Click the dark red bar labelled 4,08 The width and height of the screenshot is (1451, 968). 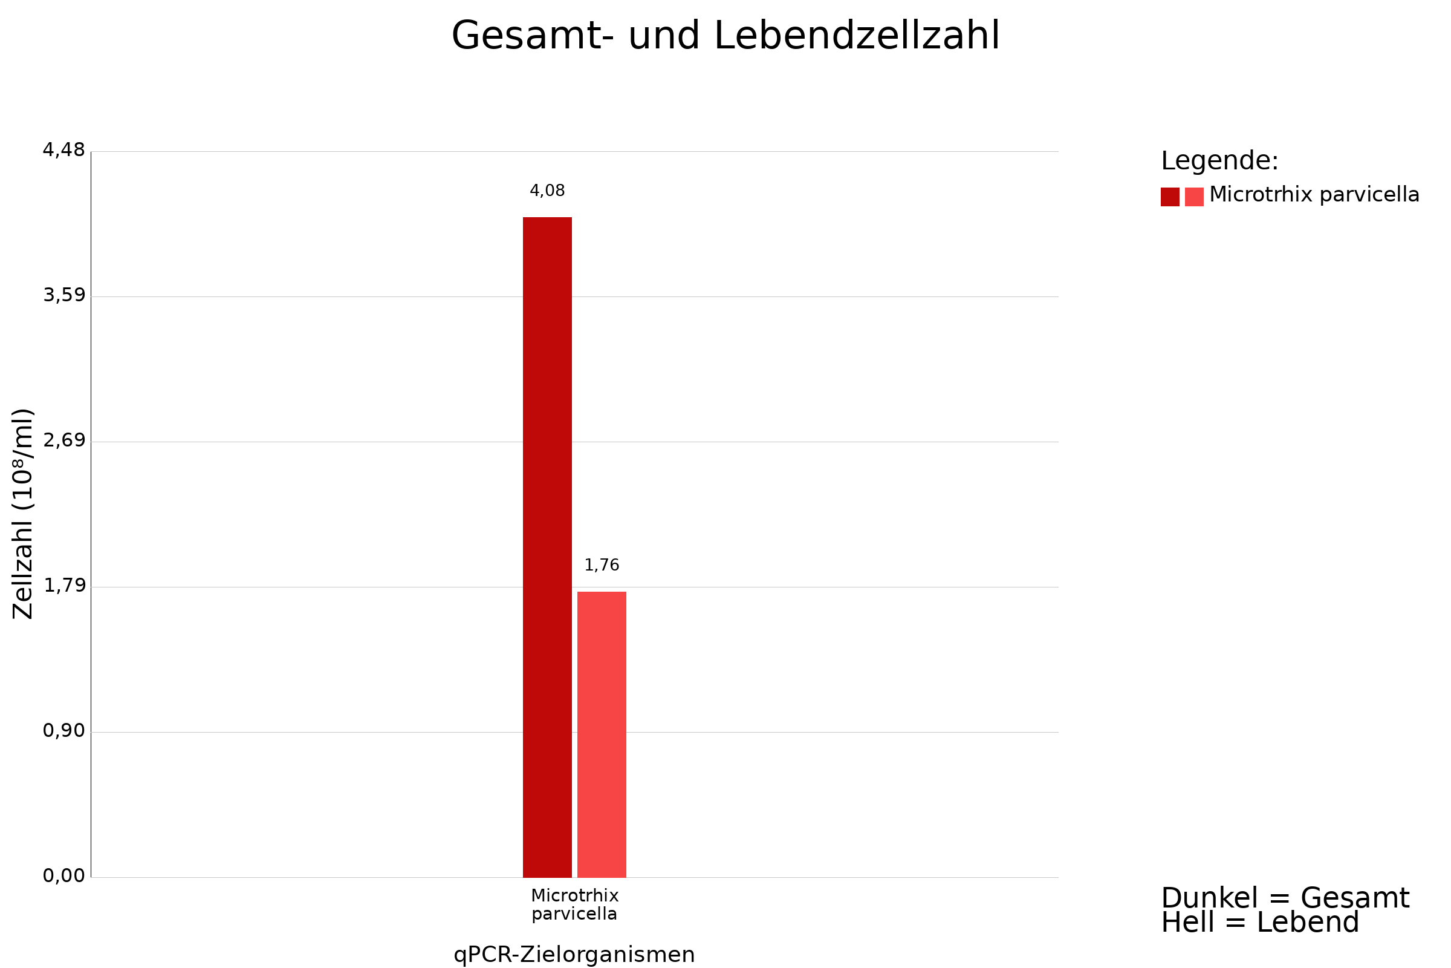click(547, 547)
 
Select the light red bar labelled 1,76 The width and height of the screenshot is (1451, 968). click(602, 734)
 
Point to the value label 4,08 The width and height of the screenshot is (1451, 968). click(547, 191)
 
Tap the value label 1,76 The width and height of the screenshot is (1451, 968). click(602, 565)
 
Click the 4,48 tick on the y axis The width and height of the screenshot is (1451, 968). click(63, 150)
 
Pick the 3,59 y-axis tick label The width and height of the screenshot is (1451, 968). click(63, 296)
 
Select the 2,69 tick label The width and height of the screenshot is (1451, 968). click(63, 441)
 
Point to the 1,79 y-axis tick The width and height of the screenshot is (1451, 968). click(63, 586)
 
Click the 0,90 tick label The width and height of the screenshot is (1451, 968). click(63, 731)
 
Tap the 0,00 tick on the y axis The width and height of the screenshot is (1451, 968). click(63, 876)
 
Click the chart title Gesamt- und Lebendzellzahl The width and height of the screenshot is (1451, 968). click(725, 36)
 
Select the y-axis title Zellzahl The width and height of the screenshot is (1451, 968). click(23, 514)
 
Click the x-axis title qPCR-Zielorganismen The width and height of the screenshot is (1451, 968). click(574, 955)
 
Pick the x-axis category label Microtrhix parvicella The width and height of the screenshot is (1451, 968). click(574, 905)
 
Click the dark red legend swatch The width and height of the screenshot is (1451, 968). click(1170, 197)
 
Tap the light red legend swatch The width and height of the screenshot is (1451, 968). click(1193, 197)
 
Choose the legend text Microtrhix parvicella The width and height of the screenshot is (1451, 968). click(1314, 195)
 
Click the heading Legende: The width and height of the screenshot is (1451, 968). click(1219, 161)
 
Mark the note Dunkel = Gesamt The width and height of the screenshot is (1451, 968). click(1285, 898)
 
